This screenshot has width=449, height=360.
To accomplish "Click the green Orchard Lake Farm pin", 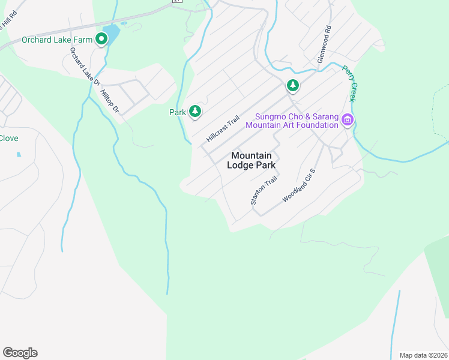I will click(101, 40).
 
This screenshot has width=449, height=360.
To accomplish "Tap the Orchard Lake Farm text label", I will click(57, 40).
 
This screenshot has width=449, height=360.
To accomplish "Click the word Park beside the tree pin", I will click(178, 112).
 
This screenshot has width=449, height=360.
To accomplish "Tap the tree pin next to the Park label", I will click(194, 111).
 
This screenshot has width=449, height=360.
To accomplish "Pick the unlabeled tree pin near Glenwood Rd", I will click(292, 86).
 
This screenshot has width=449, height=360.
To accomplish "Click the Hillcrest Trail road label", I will click(223, 128).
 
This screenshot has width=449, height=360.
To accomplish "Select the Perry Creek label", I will click(349, 83).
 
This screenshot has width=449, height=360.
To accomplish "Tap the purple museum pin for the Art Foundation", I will click(347, 121).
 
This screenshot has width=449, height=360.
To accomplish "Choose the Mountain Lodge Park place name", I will click(252, 160).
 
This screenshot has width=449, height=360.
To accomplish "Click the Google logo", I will click(20, 353).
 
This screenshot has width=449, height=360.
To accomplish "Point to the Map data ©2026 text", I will click(423, 355).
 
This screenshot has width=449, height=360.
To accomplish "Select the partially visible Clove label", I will click(8, 139).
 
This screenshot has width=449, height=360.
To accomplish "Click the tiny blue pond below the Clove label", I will click(19, 154).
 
